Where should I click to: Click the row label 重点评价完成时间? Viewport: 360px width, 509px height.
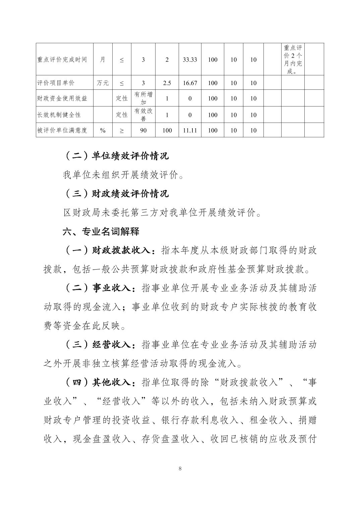click(62, 60)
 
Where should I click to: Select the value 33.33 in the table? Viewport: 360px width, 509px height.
click(190, 60)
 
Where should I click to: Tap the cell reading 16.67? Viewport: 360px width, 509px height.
click(190, 83)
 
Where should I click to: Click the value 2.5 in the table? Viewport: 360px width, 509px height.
click(167, 83)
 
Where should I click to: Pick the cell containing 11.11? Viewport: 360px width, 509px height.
click(190, 130)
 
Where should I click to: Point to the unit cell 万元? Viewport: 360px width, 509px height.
click(103, 83)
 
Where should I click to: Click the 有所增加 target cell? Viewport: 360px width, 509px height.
click(143, 98)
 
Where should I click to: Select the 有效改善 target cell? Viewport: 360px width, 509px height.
click(143, 115)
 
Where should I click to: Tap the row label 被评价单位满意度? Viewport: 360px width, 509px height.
click(62, 130)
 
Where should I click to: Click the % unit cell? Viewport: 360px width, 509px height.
click(103, 130)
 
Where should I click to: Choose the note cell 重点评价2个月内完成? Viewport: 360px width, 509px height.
click(293, 60)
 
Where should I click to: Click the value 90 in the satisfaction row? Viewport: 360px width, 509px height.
click(143, 130)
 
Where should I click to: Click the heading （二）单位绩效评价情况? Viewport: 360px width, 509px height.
click(116, 156)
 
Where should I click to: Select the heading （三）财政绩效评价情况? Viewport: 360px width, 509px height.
click(116, 194)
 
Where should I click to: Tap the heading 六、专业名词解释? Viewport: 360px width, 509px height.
click(101, 231)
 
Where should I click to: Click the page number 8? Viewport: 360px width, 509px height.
click(180, 468)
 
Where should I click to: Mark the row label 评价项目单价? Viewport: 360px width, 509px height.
click(56, 83)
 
